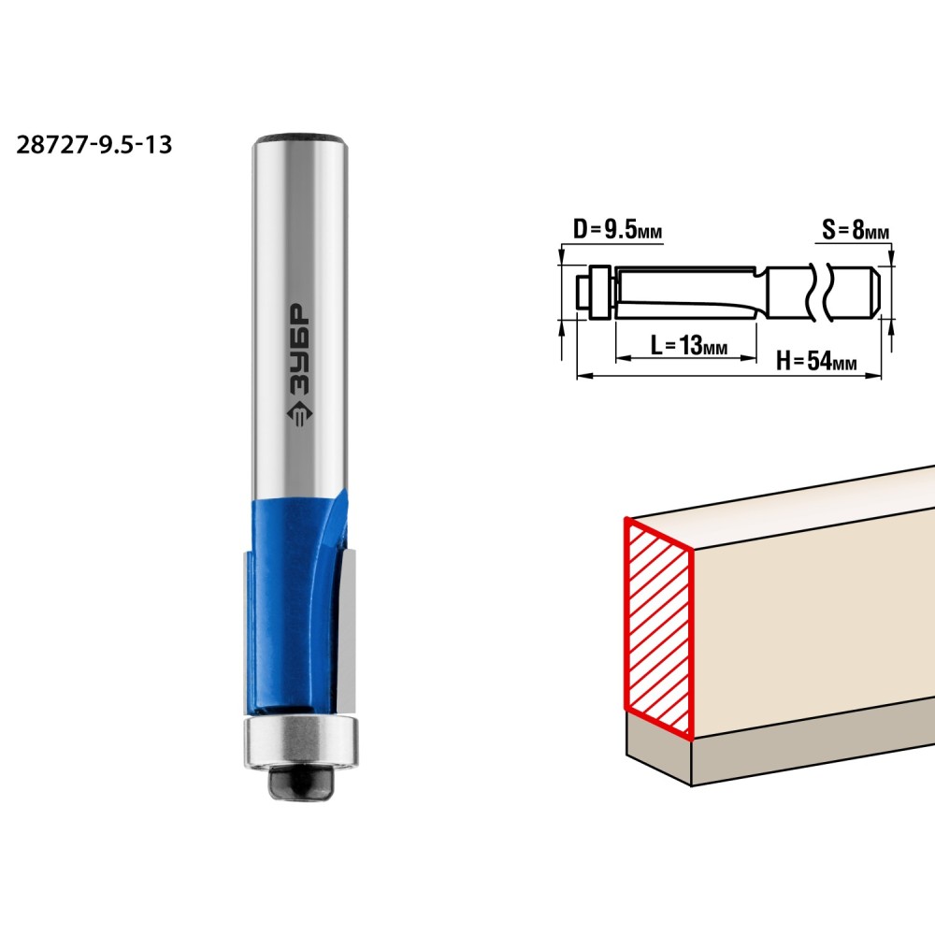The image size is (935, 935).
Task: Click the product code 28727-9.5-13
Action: (94, 145)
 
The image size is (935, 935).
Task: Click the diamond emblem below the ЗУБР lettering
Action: (299, 413)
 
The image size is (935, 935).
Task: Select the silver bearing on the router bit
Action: (301, 741)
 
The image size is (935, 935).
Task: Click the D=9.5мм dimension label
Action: (617, 229)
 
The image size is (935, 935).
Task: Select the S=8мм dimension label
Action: (856, 230)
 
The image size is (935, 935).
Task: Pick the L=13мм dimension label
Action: (688, 345)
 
